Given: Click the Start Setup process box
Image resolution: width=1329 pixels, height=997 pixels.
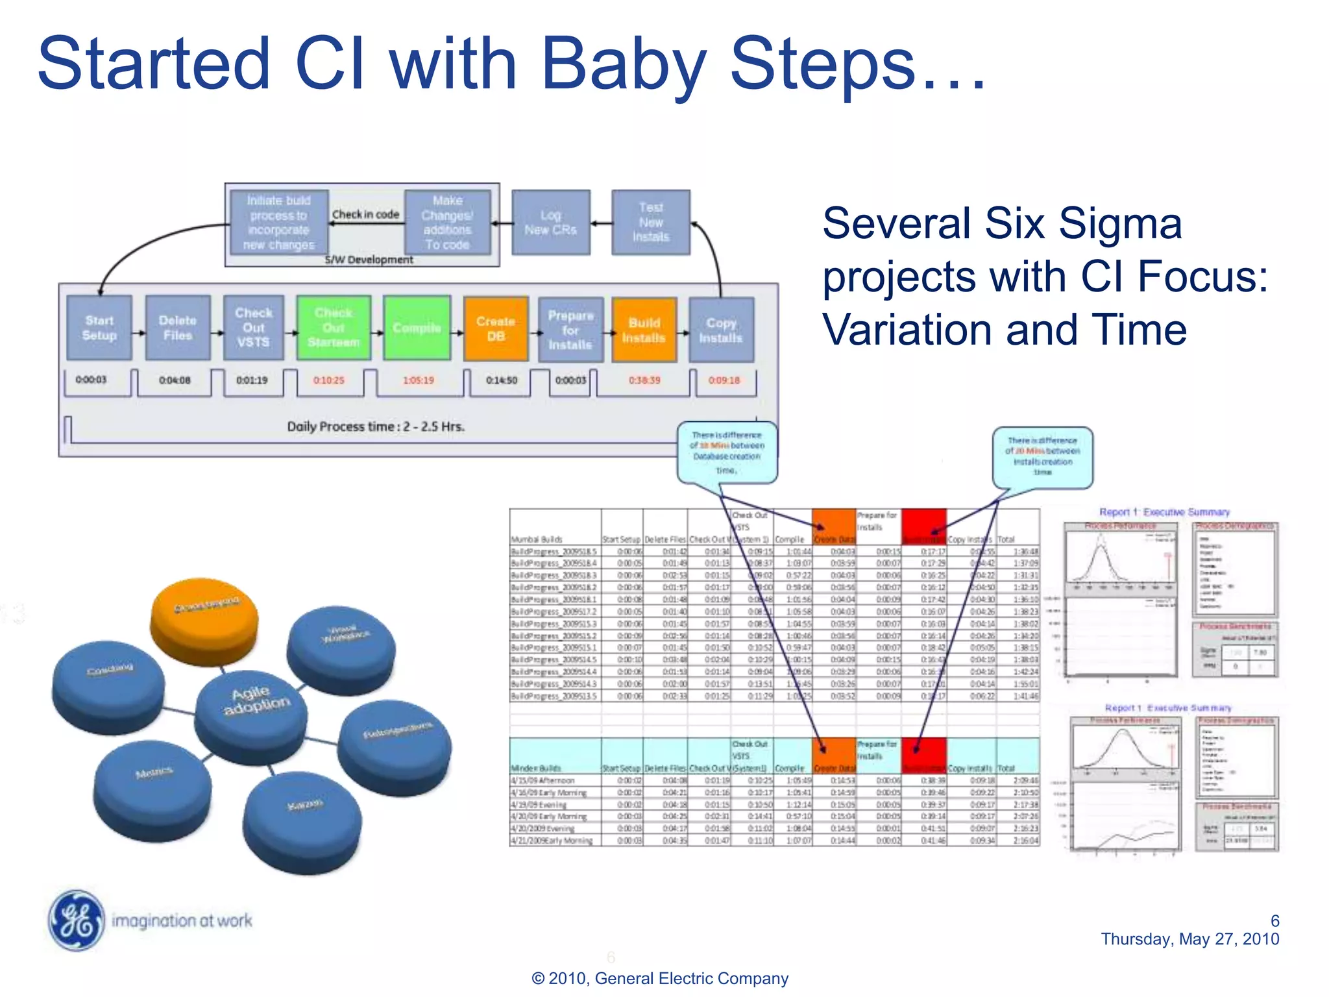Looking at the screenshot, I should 99,328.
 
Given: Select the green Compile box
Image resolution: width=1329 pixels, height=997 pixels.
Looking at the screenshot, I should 417,328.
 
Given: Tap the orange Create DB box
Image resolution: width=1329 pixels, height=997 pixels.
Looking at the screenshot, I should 496,329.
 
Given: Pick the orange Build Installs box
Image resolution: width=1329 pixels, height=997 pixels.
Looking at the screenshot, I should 644,330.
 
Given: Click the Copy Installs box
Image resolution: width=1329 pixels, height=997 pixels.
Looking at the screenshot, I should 721,330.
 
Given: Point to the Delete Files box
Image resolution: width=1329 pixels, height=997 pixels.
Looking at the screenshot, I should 178,328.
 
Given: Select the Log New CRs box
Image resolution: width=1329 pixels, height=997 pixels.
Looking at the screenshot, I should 550,222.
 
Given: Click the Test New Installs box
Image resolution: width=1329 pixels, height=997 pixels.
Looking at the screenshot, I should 650,222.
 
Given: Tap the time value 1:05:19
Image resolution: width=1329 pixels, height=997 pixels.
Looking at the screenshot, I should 418,380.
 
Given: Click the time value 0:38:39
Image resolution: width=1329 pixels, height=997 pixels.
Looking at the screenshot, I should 644,380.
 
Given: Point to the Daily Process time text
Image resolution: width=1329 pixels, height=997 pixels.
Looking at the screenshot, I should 376,426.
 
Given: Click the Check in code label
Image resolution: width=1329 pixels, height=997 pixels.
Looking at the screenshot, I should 365,214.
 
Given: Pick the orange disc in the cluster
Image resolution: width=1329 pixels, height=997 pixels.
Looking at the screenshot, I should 204,617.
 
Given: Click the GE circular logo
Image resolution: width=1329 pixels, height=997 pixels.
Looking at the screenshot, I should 77,920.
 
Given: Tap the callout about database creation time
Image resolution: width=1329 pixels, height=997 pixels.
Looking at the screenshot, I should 727,452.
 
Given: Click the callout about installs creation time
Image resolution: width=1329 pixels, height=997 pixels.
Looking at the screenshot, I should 1042,456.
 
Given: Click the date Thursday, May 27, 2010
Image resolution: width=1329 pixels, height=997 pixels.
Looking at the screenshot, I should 1189,939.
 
